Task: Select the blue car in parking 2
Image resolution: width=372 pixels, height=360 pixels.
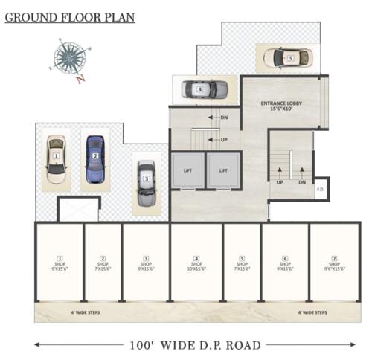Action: click(94, 157)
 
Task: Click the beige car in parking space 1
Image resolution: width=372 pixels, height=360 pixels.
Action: click(56, 158)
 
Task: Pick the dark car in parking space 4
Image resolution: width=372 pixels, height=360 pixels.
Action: click(202, 89)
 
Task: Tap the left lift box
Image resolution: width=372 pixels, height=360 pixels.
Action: click(187, 170)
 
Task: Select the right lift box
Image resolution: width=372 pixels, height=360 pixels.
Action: click(222, 170)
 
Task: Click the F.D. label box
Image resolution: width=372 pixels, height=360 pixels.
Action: click(321, 189)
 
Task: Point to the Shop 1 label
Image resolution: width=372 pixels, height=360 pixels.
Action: click(60, 263)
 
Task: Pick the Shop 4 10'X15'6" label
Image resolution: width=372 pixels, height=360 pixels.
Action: click(196, 263)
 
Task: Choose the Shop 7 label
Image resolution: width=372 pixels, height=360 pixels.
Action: click(334, 263)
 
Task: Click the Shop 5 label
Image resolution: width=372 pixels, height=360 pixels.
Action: click(242, 263)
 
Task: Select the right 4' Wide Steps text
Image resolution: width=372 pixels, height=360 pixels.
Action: click(311, 312)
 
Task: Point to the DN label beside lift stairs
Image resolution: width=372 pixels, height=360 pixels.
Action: click(224, 118)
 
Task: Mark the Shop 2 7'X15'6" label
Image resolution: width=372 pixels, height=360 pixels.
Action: click(102, 263)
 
